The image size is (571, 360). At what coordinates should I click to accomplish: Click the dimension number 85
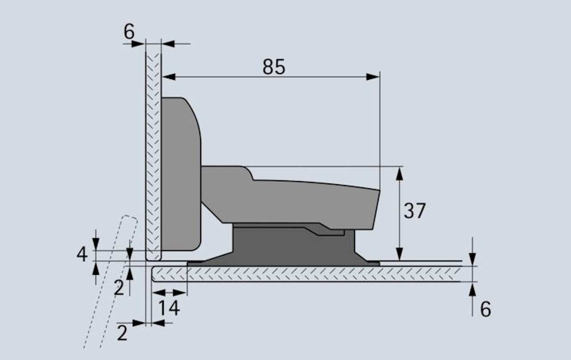(273, 67)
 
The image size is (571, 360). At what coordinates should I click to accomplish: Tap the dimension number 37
(415, 211)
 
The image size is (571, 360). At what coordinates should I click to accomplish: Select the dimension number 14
(169, 308)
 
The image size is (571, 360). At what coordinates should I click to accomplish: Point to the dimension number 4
(82, 255)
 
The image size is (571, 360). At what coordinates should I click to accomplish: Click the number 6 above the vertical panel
(129, 32)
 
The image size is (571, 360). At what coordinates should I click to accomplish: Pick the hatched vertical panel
(153, 156)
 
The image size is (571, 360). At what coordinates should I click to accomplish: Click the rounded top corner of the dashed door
(130, 217)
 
